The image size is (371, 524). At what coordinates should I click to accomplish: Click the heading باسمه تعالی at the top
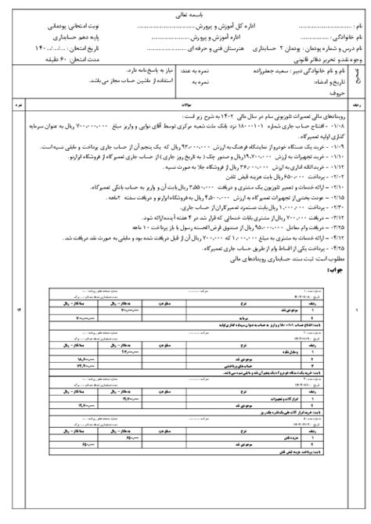pos(186,14)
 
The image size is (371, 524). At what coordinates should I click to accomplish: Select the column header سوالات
pos(185,102)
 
